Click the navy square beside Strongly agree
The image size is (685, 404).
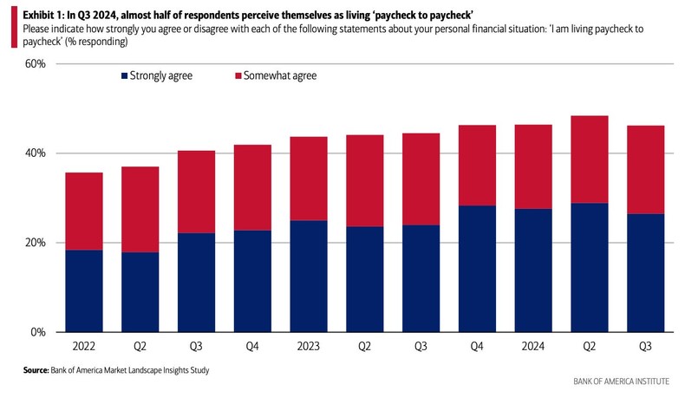[124, 76]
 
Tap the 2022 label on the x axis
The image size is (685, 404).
[84, 345]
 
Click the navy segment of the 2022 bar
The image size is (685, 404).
[84, 290]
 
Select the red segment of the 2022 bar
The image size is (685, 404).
[84, 211]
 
